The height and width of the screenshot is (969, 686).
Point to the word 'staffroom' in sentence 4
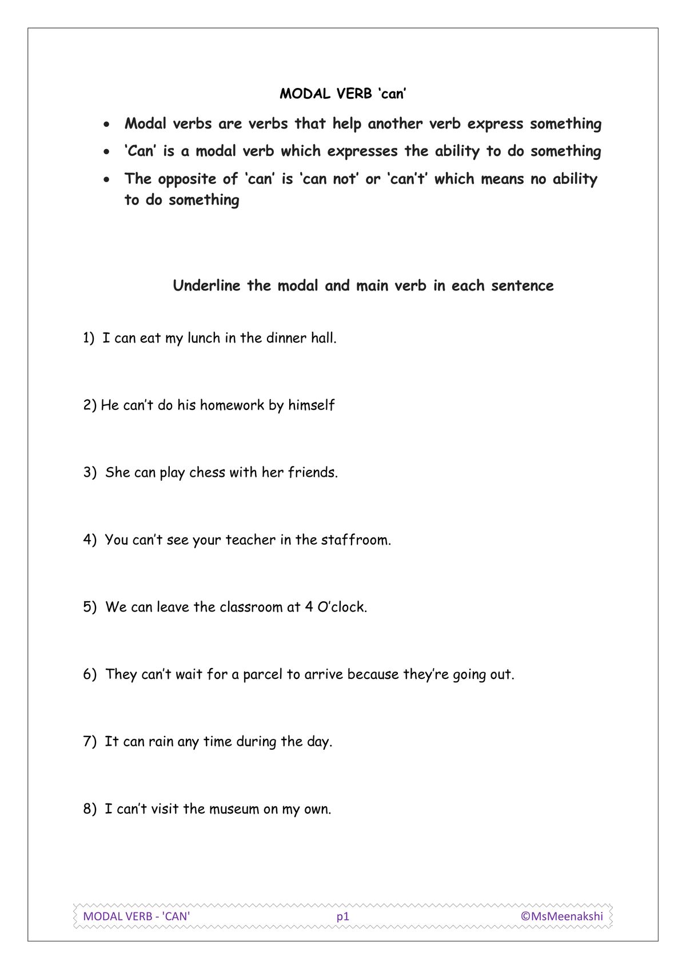[355, 540]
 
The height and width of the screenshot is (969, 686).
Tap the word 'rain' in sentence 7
[161, 742]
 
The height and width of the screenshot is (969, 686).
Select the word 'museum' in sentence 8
[234, 809]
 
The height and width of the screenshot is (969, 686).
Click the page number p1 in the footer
[342, 916]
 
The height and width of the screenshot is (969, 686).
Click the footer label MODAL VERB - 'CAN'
[137, 916]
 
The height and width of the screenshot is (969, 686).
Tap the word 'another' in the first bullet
[395, 124]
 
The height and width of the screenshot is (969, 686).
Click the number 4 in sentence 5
[309, 607]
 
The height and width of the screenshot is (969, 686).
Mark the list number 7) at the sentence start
[90, 742]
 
